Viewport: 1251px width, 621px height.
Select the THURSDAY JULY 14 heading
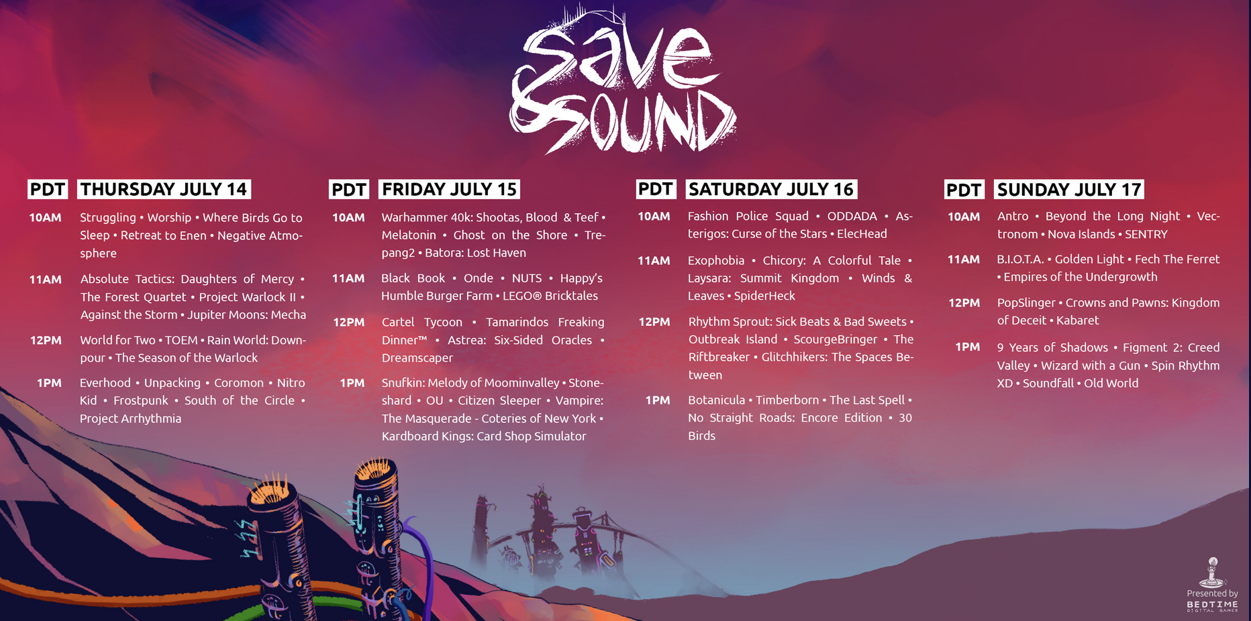(x=164, y=189)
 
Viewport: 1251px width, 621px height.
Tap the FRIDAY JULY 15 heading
(x=449, y=189)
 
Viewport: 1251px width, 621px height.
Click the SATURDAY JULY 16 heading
(x=771, y=189)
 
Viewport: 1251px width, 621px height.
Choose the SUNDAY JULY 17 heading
(x=1068, y=190)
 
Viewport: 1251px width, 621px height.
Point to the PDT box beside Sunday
(x=964, y=190)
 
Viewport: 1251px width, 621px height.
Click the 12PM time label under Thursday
(x=46, y=341)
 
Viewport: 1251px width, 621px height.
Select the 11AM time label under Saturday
(x=654, y=261)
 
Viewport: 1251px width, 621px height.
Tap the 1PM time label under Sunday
(x=967, y=347)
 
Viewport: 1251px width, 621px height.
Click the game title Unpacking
(x=172, y=383)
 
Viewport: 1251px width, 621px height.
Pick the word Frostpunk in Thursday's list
(x=141, y=400)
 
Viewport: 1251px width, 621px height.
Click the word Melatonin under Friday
(x=409, y=235)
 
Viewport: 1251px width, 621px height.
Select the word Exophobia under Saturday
(x=716, y=261)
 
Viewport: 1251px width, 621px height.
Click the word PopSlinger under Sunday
(x=1026, y=303)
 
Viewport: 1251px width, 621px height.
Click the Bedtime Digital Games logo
(x=1212, y=585)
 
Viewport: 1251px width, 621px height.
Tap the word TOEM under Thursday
(x=181, y=341)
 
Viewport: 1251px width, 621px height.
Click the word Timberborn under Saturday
(x=787, y=400)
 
